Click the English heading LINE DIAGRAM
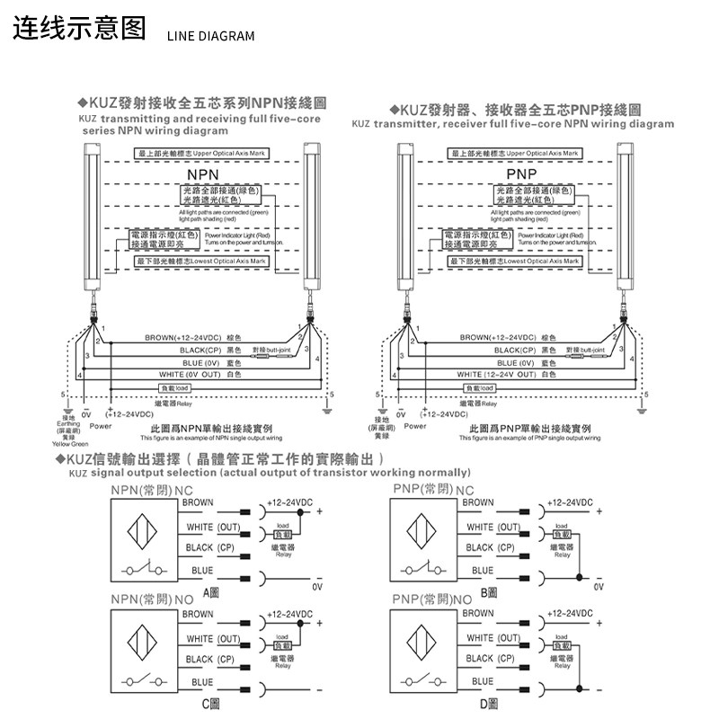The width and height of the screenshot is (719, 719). [x=210, y=36]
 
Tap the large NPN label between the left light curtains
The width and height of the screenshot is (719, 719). [x=203, y=173]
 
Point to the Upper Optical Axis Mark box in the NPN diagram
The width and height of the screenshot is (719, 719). [x=202, y=155]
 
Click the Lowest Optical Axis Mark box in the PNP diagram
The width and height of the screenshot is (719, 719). [x=515, y=261]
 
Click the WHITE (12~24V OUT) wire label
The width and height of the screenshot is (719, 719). [x=505, y=375]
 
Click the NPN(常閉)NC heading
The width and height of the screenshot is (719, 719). [x=152, y=490]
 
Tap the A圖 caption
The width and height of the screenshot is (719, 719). [x=211, y=592]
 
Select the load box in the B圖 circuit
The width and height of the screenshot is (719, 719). [x=561, y=535]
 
